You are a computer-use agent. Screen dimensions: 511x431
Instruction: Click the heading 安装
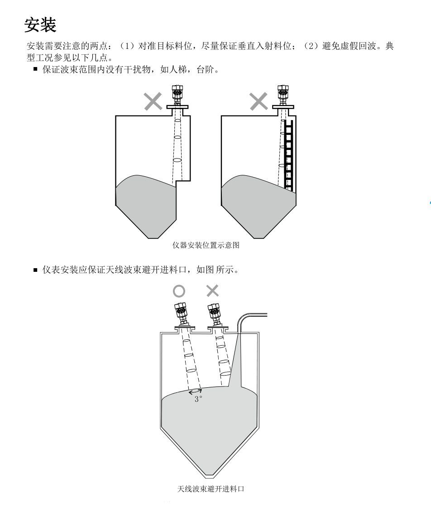[40, 24]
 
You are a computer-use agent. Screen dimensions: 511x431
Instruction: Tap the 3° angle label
[198, 400]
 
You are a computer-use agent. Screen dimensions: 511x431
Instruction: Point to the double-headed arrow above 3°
[196, 392]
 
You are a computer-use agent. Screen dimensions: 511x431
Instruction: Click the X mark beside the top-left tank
[153, 102]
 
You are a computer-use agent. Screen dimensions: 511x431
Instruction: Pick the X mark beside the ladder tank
[259, 102]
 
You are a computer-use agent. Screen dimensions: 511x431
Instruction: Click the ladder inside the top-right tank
[288, 154]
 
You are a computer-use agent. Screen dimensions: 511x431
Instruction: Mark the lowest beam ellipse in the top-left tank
[177, 161]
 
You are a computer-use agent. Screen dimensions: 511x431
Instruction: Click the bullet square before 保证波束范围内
[35, 69]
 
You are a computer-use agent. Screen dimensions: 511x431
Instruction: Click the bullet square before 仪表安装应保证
[35, 270]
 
